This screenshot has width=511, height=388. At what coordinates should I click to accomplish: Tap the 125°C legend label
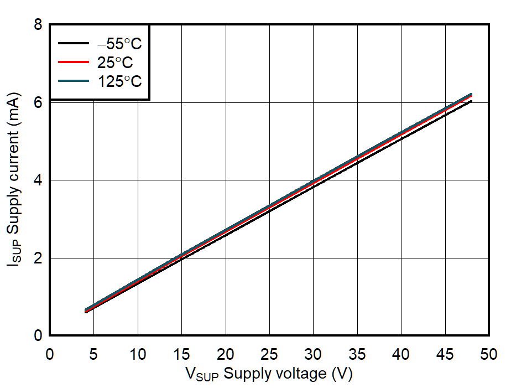pyautogui.click(x=119, y=81)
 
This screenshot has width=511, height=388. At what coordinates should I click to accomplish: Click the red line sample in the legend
pyautogui.click(x=74, y=63)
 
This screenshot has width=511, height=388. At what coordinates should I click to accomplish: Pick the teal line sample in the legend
pyautogui.click(x=74, y=81)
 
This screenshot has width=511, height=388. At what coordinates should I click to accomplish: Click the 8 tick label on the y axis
pyautogui.click(x=38, y=25)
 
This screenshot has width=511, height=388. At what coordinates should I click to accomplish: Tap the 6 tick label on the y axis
pyautogui.click(x=38, y=102)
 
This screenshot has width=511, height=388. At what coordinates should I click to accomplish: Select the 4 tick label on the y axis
pyautogui.click(x=38, y=180)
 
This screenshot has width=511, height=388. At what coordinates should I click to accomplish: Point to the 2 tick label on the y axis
pyautogui.click(x=38, y=258)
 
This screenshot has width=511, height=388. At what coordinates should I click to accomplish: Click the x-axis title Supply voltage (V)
pyautogui.click(x=268, y=375)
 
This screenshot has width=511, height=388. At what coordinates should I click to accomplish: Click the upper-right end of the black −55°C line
pyautogui.click(x=471, y=101)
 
